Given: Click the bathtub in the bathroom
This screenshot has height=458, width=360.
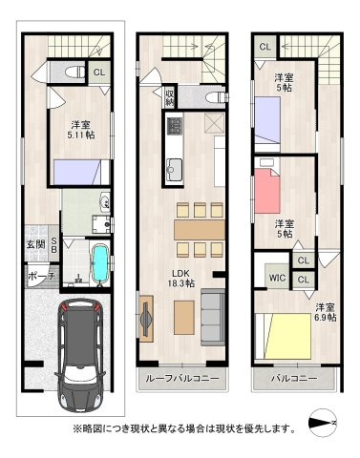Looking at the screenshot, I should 100,261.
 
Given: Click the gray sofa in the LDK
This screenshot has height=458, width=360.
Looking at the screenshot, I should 210,312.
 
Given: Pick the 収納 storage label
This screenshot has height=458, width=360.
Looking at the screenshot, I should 169,96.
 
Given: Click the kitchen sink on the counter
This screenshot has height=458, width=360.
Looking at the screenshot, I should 176,171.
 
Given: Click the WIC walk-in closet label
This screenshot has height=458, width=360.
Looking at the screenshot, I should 277,279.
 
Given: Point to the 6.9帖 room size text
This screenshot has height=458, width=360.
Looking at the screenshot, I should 326,313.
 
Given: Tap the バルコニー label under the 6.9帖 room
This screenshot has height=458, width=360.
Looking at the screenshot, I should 293,379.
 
